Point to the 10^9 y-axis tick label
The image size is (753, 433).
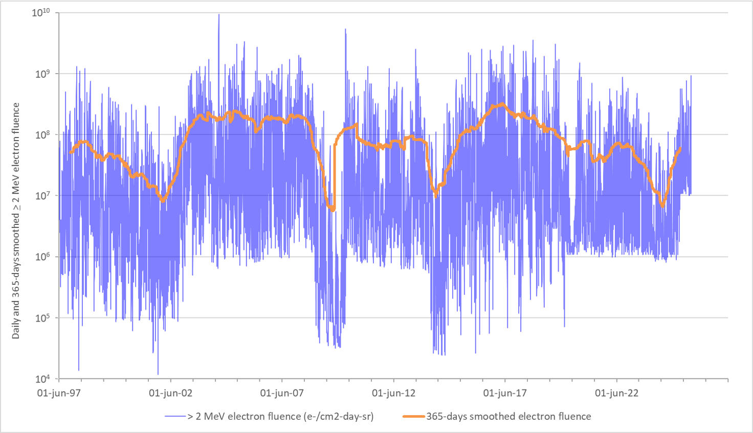click(x=43, y=74)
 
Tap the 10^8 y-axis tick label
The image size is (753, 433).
click(x=43, y=134)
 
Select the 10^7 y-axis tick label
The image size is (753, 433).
click(x=43, y=195)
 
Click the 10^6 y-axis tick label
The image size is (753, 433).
click(x=43, y=257)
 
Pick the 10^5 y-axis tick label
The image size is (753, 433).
click(x=43, y=317)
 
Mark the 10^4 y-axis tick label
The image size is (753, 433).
click(x=43, y=379)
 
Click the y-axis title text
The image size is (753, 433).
click(x=16, y=221)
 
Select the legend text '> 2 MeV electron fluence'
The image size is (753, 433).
click(x=280, y=417)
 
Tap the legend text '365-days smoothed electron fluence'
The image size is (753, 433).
click(x=508, y=417)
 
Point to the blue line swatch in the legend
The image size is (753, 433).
click(x=175, y=417)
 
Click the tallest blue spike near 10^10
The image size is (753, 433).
click(x=218, y=15)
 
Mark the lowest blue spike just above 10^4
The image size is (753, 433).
click(x=158, y=373)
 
